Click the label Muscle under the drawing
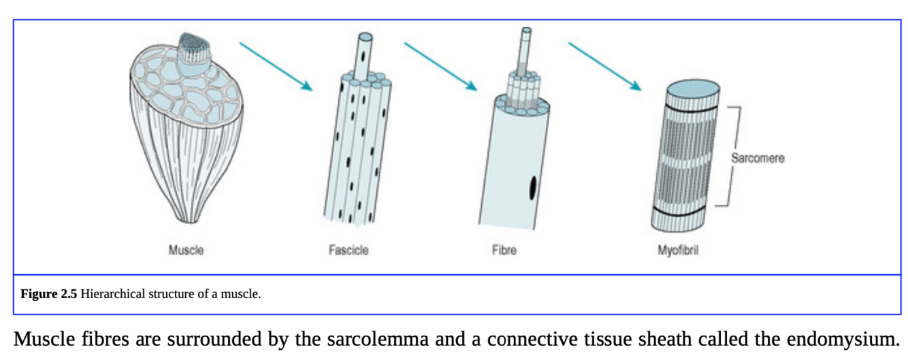[186, 250]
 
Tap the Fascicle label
[348, 250]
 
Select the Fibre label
[504, 250]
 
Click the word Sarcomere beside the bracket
[758, 158]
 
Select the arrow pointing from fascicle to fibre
[440, 67]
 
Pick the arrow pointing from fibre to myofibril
[605, 67]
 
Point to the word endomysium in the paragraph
[843, 338]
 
